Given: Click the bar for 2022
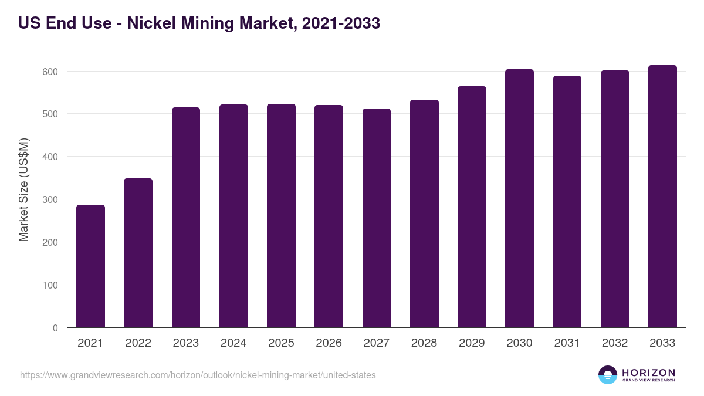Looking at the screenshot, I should tap(138, 253).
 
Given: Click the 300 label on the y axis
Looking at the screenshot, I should tap(51, 200).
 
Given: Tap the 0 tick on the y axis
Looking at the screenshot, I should tap(55, 329).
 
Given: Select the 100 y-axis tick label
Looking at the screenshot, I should tap(51, 286).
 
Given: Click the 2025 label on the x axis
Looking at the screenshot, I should tap(281, 343).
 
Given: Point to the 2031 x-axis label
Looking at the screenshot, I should tap(567, 343).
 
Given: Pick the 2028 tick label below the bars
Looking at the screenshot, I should tap(424, 343).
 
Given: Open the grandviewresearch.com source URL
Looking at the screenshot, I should tap(198, 375).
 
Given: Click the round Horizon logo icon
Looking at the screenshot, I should tap(608, 375).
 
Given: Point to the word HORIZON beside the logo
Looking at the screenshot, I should tap(648, 373).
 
